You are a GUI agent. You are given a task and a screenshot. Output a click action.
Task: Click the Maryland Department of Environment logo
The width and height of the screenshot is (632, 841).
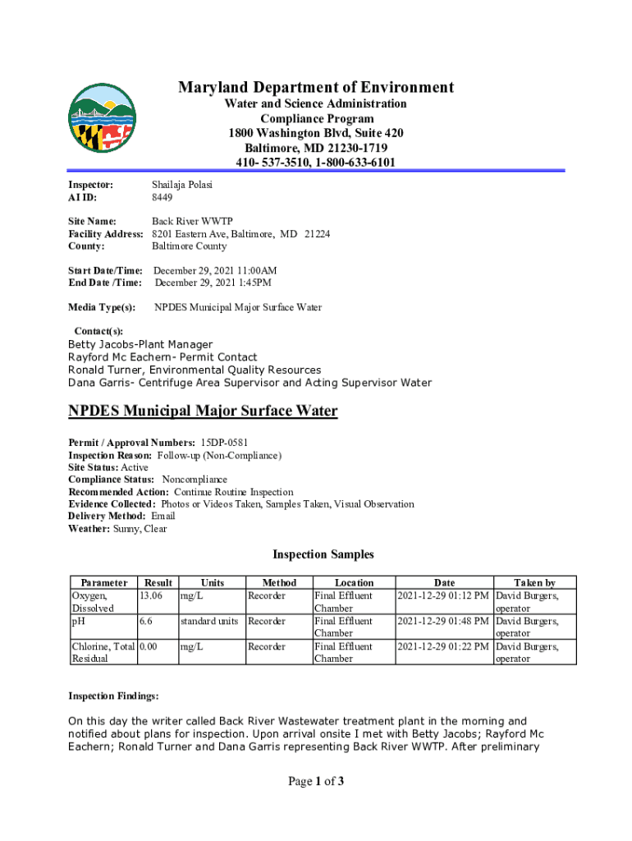[102, 117]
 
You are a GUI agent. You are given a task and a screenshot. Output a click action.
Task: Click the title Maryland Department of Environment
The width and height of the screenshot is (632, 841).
[315, 87]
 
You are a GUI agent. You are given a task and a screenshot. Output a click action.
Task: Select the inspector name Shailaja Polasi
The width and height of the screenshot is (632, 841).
[181, 185]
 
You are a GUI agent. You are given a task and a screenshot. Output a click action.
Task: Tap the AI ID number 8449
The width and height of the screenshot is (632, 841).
[163, 198]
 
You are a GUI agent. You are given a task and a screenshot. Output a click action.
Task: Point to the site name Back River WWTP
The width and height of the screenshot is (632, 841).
[192, 221]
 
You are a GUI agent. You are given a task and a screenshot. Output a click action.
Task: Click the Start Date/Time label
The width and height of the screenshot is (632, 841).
[105, 270]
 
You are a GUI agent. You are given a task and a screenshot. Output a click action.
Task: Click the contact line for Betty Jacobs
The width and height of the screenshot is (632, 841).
[140, 344]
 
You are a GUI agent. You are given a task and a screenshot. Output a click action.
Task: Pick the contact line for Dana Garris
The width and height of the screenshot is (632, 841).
[249, 383]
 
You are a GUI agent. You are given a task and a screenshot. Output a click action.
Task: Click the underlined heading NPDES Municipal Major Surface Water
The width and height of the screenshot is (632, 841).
[202, 411]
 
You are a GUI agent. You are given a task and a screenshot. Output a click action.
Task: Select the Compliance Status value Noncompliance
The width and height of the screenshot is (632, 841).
[195, 479]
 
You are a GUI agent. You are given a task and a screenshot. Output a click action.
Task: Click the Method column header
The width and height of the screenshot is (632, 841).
[278, 582]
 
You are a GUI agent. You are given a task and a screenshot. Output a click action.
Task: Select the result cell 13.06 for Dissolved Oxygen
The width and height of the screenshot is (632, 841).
[156, 595]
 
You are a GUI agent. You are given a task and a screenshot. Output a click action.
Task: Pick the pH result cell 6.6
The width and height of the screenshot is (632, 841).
[147, 622]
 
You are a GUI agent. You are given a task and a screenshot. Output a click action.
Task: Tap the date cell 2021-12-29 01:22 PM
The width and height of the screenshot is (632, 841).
[443, 647]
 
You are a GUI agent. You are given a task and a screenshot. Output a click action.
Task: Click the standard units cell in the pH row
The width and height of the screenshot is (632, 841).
[210, 622]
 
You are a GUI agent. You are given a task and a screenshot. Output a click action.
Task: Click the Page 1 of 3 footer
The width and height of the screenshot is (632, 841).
[315, 781]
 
